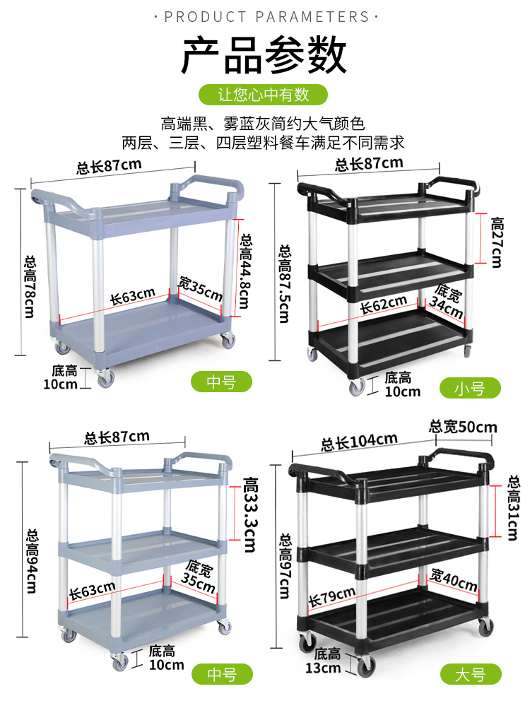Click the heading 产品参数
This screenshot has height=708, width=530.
click(x=265, y=56)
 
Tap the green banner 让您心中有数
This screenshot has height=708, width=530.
click(x=264, y=94)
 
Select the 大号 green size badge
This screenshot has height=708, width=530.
click(x=471, y=674)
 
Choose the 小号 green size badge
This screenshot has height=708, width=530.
click(x=470, y=387)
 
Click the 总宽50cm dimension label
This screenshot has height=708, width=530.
click(x=463, y=427)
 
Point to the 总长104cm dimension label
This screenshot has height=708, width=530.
click(x=359, y=442)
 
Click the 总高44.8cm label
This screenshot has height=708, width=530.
click(x=245, y=271)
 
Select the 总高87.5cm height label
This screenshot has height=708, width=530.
click(x=285, y=283)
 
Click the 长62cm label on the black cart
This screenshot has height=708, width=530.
click(x=383, y=305)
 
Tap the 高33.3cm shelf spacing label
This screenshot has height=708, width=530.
click(x=250, y=515)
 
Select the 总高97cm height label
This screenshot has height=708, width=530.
click(x=285, y=565)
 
